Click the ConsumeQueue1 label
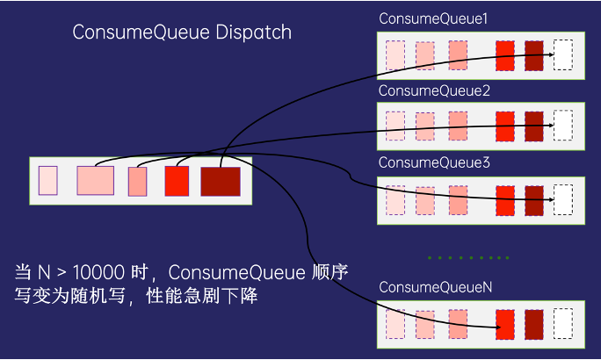433,18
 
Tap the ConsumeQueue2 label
434,90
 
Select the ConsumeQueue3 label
434,162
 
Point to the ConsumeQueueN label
436,287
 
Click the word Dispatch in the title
253,32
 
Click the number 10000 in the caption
98,272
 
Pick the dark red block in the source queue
221,182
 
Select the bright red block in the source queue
177,181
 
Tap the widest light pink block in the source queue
96,180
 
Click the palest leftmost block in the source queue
48,180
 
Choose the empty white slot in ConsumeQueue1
563,54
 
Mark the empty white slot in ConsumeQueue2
563,126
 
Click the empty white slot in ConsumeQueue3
563,199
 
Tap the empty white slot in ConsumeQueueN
563,324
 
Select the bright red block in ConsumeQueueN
505,325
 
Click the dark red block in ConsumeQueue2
534,126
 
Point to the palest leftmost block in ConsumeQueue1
395,55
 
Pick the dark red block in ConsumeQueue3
534,201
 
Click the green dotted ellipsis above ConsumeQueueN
468,258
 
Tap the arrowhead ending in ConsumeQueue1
551,54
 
